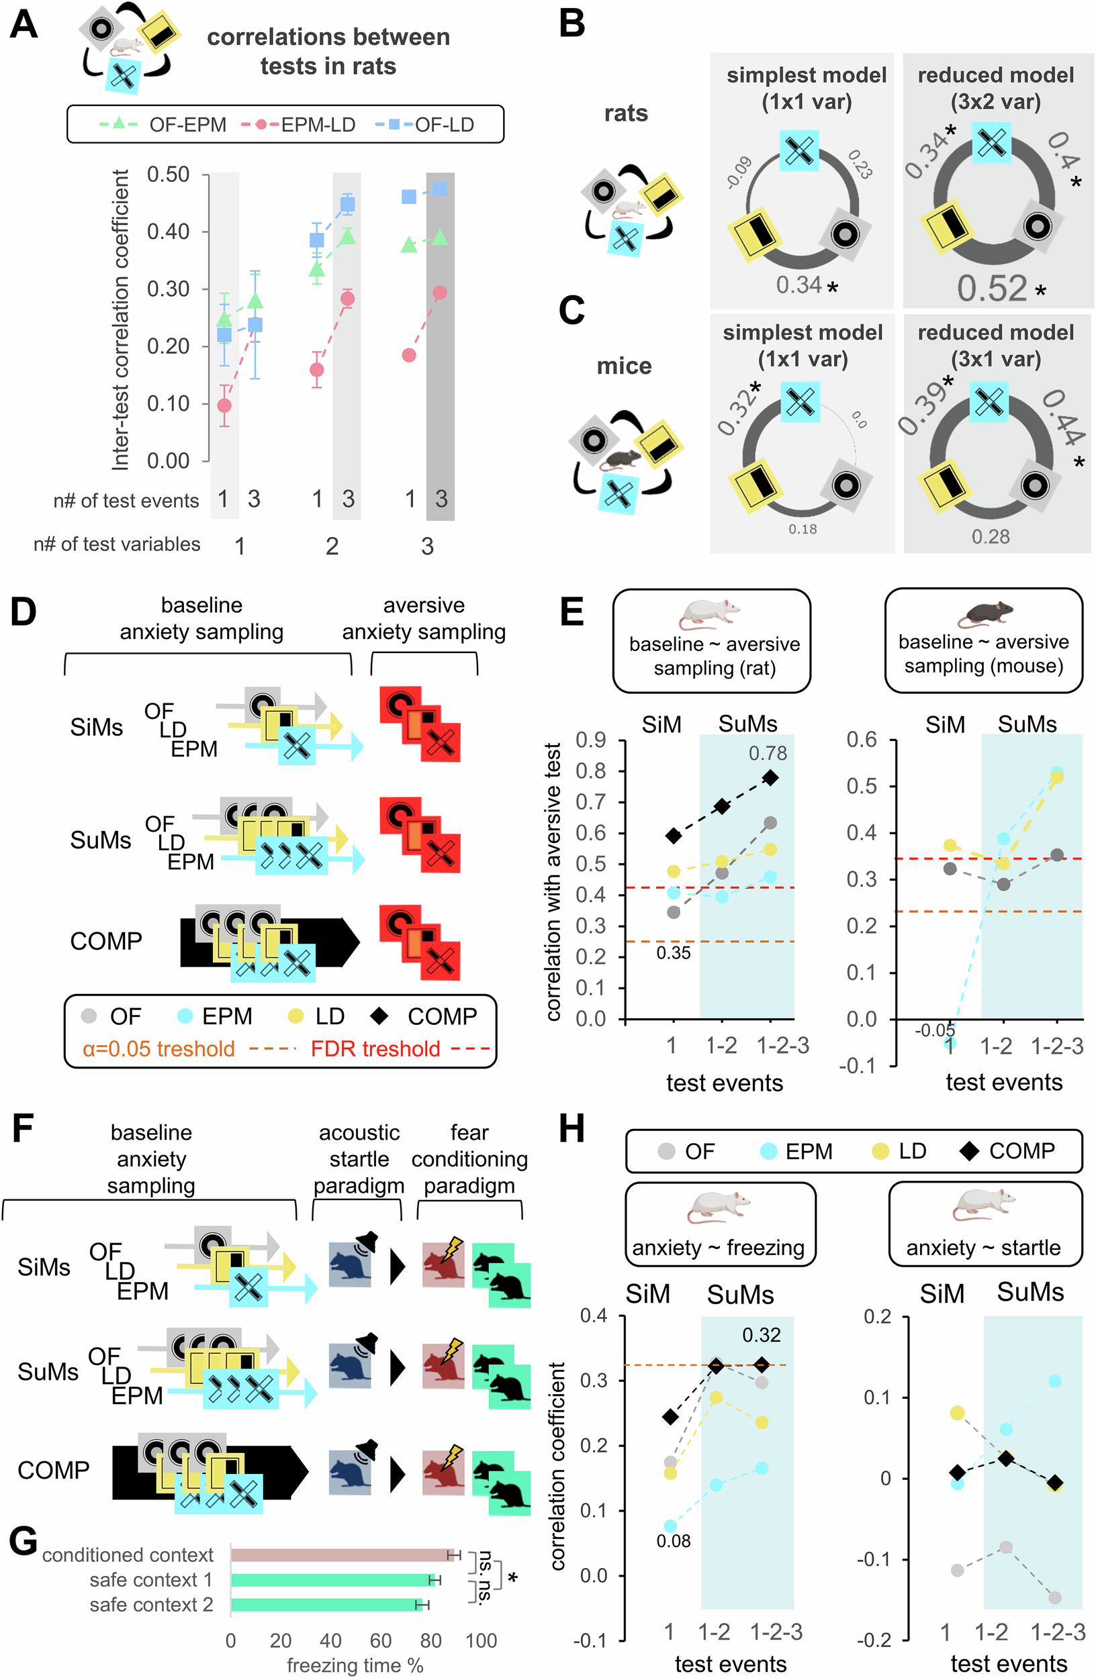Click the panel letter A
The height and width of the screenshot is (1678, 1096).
click(24, 26)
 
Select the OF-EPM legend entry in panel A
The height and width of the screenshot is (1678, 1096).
click(164, 125)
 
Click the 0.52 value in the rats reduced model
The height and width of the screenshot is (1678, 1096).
click(992, 288)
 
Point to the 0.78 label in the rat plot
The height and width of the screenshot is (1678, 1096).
click(768, 754)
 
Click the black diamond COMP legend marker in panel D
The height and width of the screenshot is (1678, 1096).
click(379, 1016)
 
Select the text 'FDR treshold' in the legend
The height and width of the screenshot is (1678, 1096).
click(375, 1049)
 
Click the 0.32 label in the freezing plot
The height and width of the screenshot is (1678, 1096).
click(761, 1334)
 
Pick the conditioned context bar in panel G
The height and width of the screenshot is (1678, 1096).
click(341, 1554)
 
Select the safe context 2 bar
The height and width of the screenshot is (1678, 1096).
click(326, 1605)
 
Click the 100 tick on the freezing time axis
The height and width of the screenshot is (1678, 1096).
click(481, 1640)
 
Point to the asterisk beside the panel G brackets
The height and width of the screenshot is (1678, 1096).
click(512, 1577)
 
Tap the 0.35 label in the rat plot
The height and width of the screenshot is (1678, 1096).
click(673, 953)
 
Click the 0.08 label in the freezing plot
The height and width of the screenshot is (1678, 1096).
click(673, 1540)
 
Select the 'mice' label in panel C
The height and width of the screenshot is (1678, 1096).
click(623, 366)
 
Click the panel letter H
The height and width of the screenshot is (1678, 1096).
click(572, 1129)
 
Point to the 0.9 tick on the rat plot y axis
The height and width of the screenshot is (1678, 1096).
click(590, 740)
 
